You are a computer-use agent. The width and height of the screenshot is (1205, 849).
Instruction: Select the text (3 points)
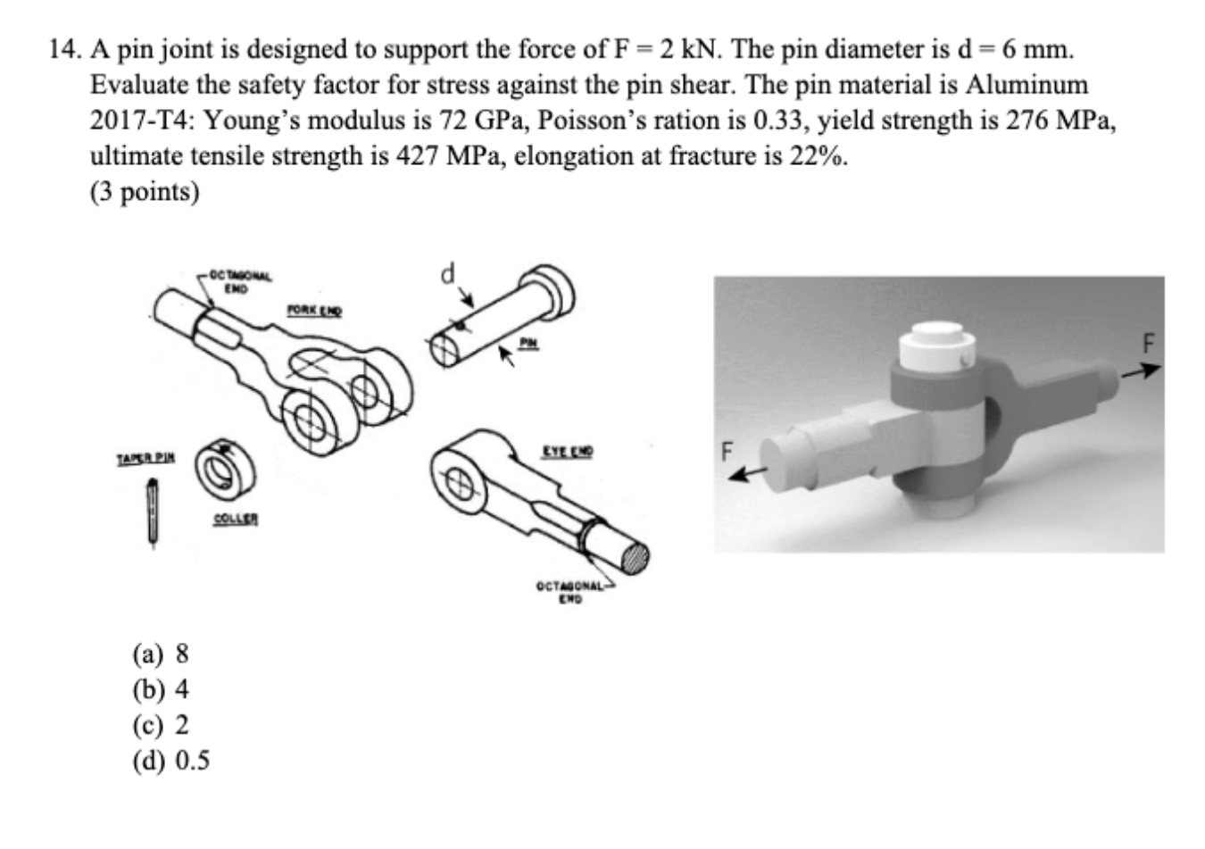[145, 192]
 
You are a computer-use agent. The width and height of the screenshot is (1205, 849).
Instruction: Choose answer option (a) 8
[161, 654]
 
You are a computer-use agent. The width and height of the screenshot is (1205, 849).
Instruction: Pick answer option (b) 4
[161, 689]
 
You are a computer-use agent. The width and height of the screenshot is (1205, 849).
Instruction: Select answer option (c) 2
[161, 725]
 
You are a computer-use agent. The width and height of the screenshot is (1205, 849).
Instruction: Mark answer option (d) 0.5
[170, 761]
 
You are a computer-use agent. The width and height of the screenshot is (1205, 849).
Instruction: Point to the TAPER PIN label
[145, 458]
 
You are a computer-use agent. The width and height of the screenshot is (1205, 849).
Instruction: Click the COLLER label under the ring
[236, 519]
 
